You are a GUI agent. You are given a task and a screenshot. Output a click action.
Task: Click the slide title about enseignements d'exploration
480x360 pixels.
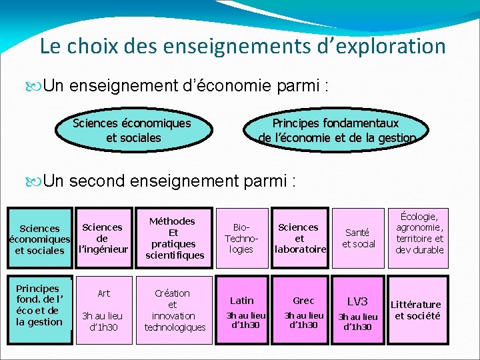[x=242, y=46]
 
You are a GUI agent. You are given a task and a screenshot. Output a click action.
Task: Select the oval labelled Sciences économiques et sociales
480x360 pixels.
[x=131, y=131]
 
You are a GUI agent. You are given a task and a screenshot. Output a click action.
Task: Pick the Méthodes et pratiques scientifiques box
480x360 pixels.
[x=172, y=238]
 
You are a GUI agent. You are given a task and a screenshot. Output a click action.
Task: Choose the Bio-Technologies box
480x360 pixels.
[x=241, y=238]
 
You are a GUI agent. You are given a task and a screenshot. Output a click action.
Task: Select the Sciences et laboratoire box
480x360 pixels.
[x=299, y=238]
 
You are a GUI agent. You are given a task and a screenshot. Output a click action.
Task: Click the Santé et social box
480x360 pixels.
[x=358, y=238]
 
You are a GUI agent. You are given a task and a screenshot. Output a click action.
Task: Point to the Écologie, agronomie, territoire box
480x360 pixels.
[x=420, y=233]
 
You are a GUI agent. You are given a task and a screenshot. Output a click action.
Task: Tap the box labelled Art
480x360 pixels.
[x=104, y=293]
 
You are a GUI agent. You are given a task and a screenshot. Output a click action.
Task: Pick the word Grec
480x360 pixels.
[x=303, y=301]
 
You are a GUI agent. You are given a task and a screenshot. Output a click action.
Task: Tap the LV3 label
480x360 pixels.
[x=357, y=301]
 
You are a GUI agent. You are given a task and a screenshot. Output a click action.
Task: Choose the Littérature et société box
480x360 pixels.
[x=417, y=310]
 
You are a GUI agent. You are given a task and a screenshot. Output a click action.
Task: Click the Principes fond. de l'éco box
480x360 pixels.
[x=39, y=305]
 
